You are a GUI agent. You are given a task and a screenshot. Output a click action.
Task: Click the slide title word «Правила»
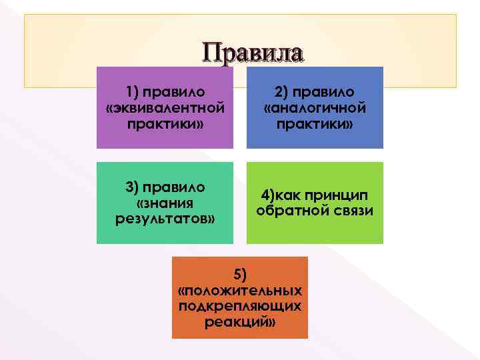[253, 52]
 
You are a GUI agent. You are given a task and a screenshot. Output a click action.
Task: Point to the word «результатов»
[165, 218]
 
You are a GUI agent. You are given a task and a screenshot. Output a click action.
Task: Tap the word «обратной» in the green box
[287, 211]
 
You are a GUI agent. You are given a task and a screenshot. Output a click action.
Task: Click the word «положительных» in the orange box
[241, 291]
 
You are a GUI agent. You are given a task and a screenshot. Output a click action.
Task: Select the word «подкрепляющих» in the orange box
[241, 305]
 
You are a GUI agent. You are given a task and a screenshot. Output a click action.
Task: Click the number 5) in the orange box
[240, 274]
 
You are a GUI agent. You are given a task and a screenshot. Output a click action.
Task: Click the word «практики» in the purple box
[165, 124]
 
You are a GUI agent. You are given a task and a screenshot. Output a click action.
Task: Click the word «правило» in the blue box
[327, 91]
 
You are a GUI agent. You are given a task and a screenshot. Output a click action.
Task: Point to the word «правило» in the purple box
[177, 91]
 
